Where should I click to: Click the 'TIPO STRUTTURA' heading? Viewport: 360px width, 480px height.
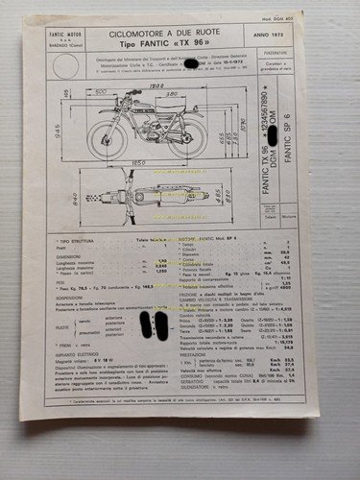78,235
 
